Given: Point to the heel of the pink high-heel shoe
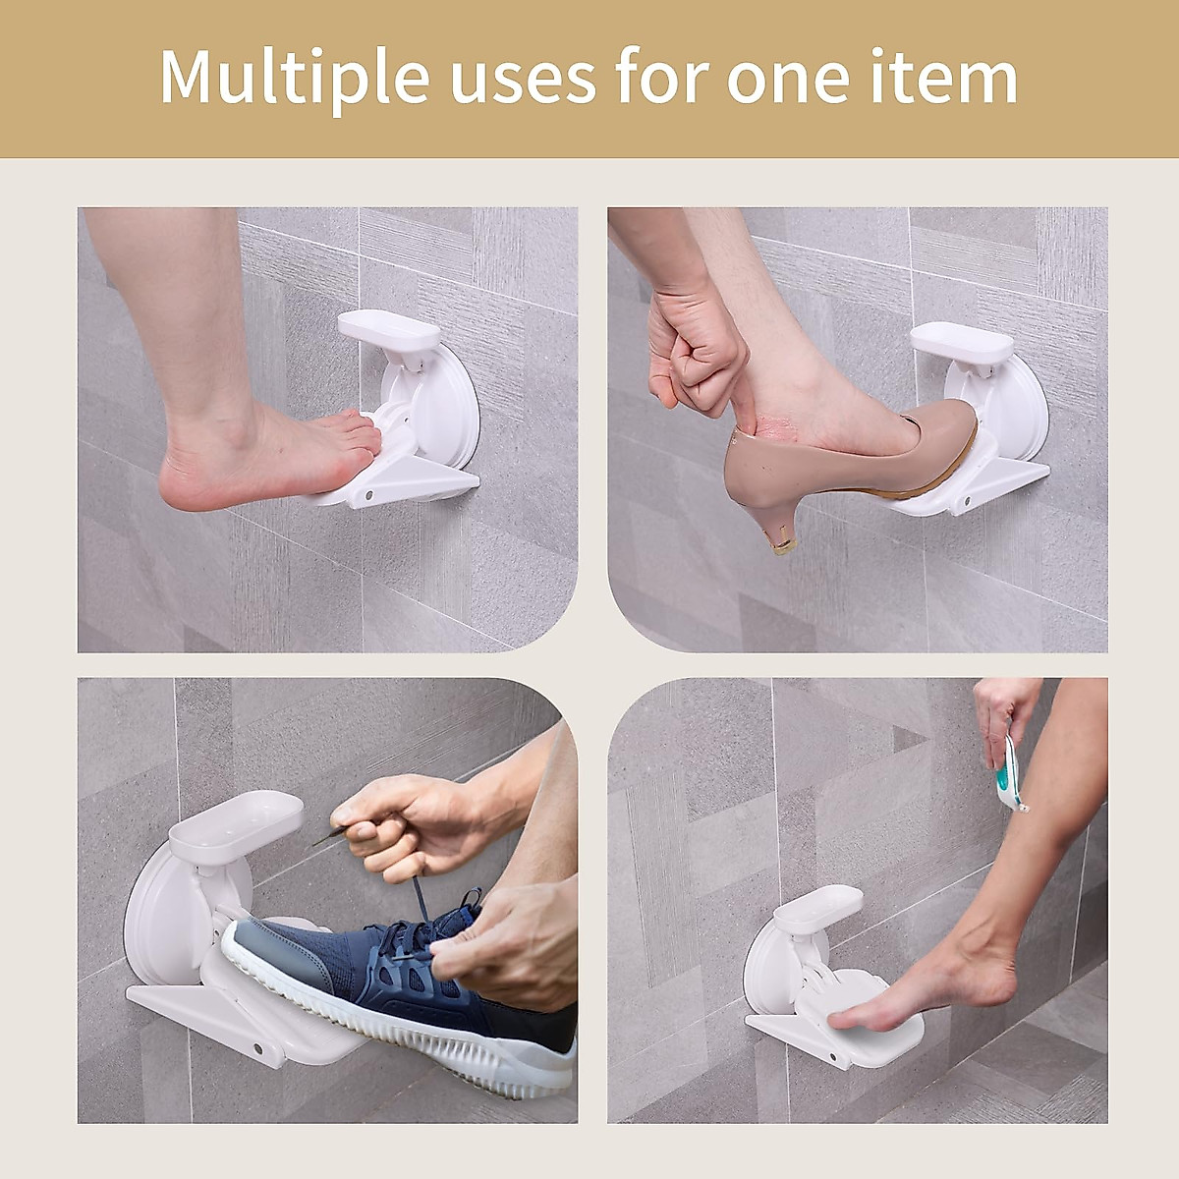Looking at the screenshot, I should [776, 511].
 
